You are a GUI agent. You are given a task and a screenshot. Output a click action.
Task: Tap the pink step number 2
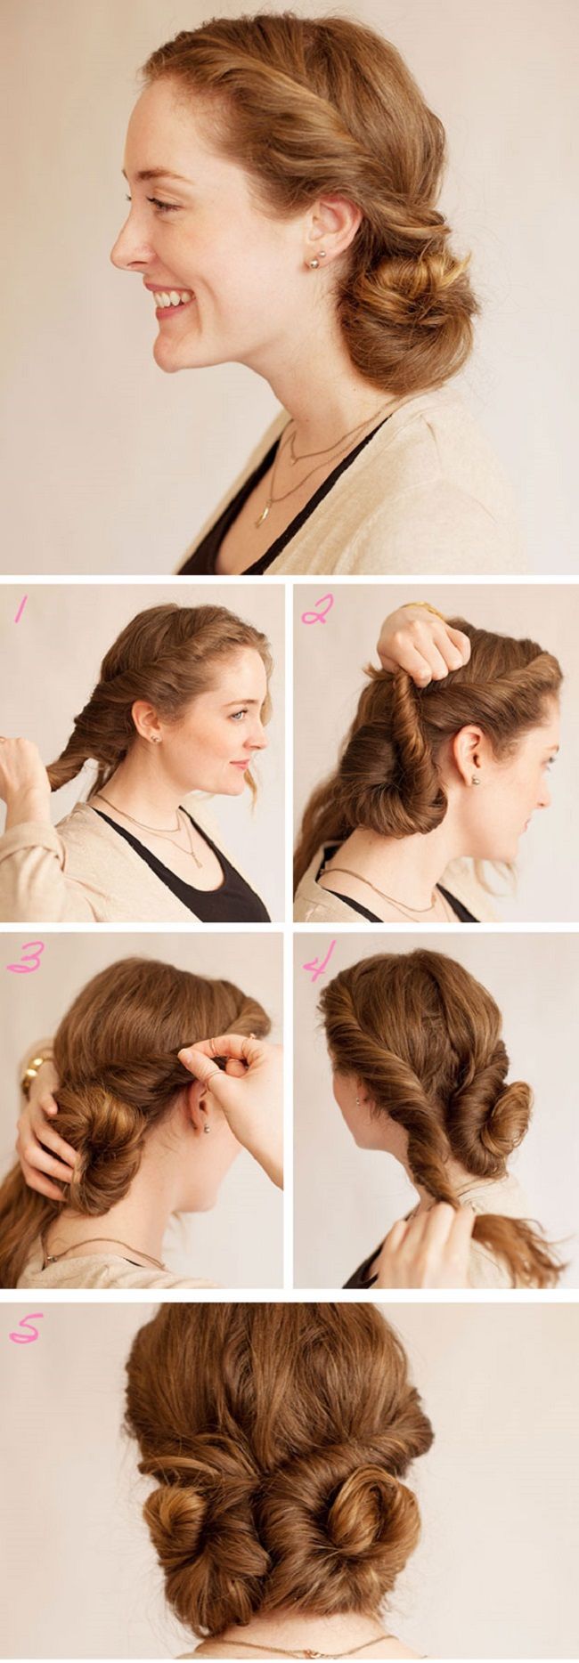[x=317, y=611]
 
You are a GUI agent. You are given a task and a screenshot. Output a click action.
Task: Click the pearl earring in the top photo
[x=314, y=261]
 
